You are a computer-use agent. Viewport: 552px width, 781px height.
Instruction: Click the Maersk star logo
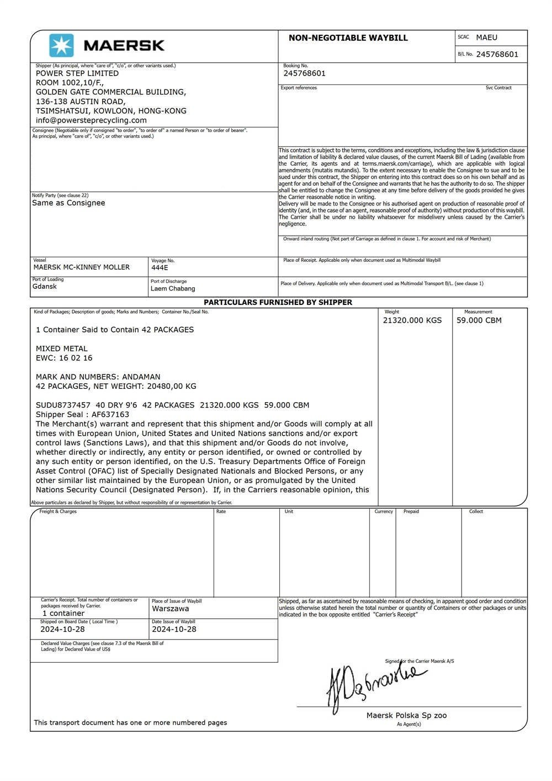click(61, 45)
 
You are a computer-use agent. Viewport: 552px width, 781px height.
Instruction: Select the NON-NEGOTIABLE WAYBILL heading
click(348, 38)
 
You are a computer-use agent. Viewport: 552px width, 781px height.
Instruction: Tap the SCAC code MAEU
click(486, 38)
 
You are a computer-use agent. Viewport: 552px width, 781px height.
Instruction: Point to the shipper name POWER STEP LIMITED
click(77, 73)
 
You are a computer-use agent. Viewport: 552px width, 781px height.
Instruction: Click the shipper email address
click(91, 120)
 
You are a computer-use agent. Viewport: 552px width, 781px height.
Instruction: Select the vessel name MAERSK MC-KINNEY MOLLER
click(82, 267)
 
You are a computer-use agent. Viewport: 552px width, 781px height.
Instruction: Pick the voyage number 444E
click(160, 268)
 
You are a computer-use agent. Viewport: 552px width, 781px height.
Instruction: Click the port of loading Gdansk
click(45, 287)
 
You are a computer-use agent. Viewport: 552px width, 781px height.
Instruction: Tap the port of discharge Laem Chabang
click(173, 288)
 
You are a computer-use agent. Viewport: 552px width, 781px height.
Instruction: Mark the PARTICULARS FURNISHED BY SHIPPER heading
click(278, 302)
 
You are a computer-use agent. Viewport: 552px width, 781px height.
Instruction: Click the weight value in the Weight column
click(412, 320)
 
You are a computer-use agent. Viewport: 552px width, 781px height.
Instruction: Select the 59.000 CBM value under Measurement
click(479, 320)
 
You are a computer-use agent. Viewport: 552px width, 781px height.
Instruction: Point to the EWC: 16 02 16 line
click(64, 358)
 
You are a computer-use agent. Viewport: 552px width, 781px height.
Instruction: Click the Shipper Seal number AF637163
click(107, 414)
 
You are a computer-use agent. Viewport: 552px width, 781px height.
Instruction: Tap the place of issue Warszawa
click(170, 609)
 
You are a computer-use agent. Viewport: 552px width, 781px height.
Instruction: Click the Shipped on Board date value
click(62, 629)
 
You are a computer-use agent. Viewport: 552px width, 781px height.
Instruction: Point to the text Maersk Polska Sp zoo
click(406, 715)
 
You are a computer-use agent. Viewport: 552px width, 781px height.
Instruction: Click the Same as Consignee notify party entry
click(68, 203)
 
